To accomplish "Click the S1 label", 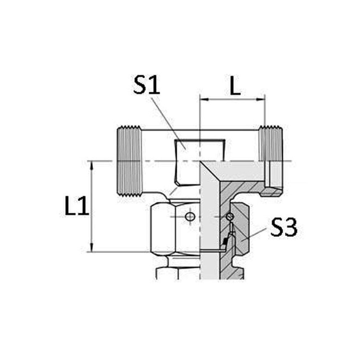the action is coord(147,85).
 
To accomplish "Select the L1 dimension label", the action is coord(76,206).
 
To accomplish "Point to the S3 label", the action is coord(284,227).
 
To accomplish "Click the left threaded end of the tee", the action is coord(130,161).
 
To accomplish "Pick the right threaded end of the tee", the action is coord(271,161).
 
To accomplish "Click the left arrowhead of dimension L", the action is coord(204,99).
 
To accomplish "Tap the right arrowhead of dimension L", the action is coord(261,99).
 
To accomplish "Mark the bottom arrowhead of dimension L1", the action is coord(92,247).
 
